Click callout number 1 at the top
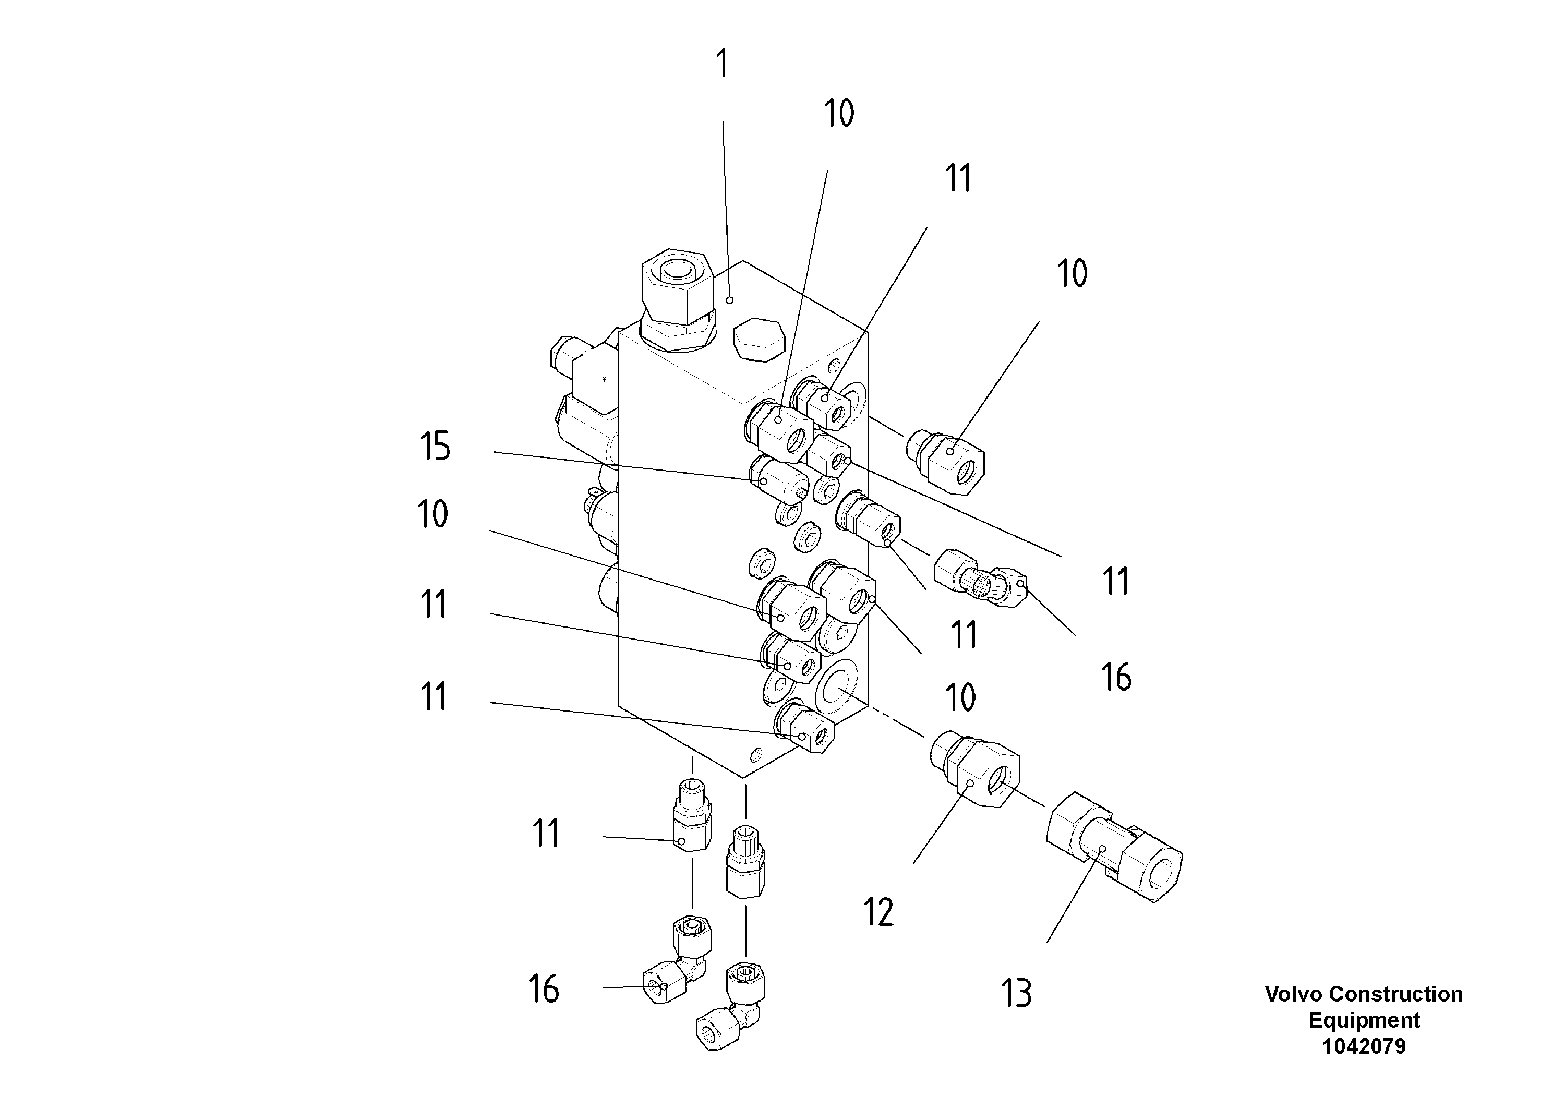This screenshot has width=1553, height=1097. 723,64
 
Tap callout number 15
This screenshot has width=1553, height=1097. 435,447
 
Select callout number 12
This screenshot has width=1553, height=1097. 878,912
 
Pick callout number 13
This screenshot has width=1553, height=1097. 1016,994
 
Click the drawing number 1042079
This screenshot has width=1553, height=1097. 1364,1046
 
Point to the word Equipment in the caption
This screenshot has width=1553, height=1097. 1364,1020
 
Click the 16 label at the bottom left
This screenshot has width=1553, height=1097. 544,989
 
